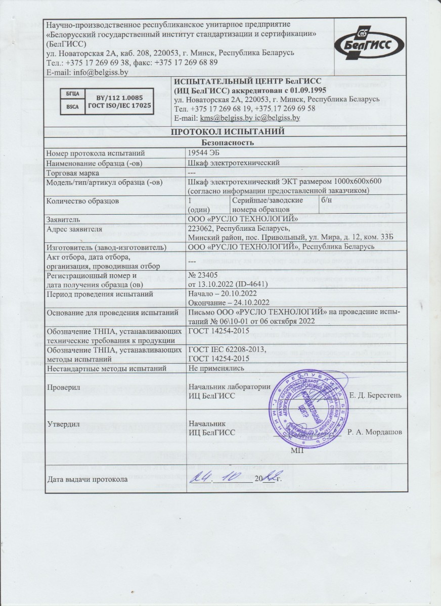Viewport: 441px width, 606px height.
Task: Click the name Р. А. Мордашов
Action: [375, 432]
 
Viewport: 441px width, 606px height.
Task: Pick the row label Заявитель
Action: [63, 219]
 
